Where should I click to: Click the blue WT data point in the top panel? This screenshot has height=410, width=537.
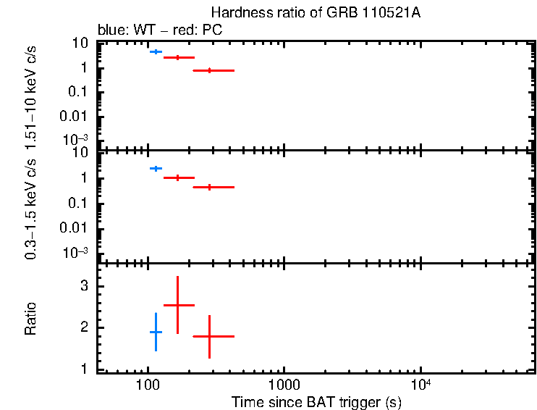click(x=155, y=52)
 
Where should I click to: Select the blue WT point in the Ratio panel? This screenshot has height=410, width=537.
click(x=156, y=332)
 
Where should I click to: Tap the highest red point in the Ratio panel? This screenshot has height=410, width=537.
click(x=178, y=306)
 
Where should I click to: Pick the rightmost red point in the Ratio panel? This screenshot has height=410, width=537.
click(x=209, y=336)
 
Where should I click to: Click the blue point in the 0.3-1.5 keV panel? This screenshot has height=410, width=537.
click(x=155, y=168)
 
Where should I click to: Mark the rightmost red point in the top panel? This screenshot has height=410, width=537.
click(x=209, y=70)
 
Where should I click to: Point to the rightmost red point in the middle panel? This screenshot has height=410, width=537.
click(x=209, y=187)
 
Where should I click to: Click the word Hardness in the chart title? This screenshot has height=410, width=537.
click(x=237, y=14)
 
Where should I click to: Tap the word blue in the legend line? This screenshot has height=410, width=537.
click(x=109, y=31)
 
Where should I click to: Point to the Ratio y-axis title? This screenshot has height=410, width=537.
click(x=31, y=319)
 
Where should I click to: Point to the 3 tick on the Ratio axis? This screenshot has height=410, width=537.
click(x=85, y=286)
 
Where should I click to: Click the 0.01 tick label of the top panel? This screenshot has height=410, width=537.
click(x=76, y=116)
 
